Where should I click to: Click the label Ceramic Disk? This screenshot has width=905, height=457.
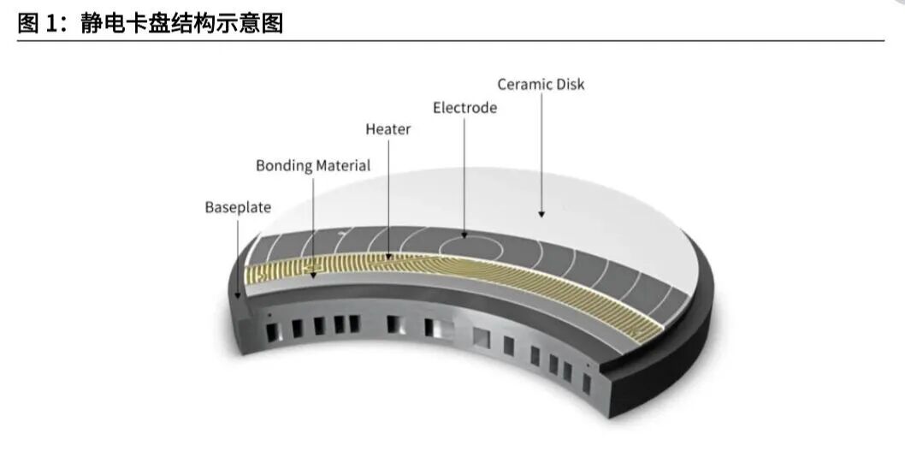pyautogui.click(x=541, y=85)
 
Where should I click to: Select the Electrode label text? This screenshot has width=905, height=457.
pyautogui.click(x=464, y=109)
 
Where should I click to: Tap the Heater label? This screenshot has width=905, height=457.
pyautogui.click(x=387, y=130)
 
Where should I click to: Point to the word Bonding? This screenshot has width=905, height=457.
pyautogui.click(x=284, y=166)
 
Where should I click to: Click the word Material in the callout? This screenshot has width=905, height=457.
pyautogui.click(x=342, y=166)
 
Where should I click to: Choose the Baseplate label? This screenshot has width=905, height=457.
pyautogui.click(x=238, y=208)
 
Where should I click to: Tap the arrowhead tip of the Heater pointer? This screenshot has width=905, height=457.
pyautogui.click(x=388, y=256)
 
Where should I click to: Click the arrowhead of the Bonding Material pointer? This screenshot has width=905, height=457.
pyautogui.click(x=313, y=276)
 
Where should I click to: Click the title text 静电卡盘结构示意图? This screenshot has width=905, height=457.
pyautogui.click(x=182, y=23)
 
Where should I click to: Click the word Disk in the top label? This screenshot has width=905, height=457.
pyautogui.click(x=570, y=85)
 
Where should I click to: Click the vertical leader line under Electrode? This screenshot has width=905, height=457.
pyautogui.click(x=464, y=171)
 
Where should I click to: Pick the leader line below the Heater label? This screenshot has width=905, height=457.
pyautogui.click(x=388, y=193)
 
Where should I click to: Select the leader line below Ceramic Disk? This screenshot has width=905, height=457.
pyautogui.click(x=541, y=150)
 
